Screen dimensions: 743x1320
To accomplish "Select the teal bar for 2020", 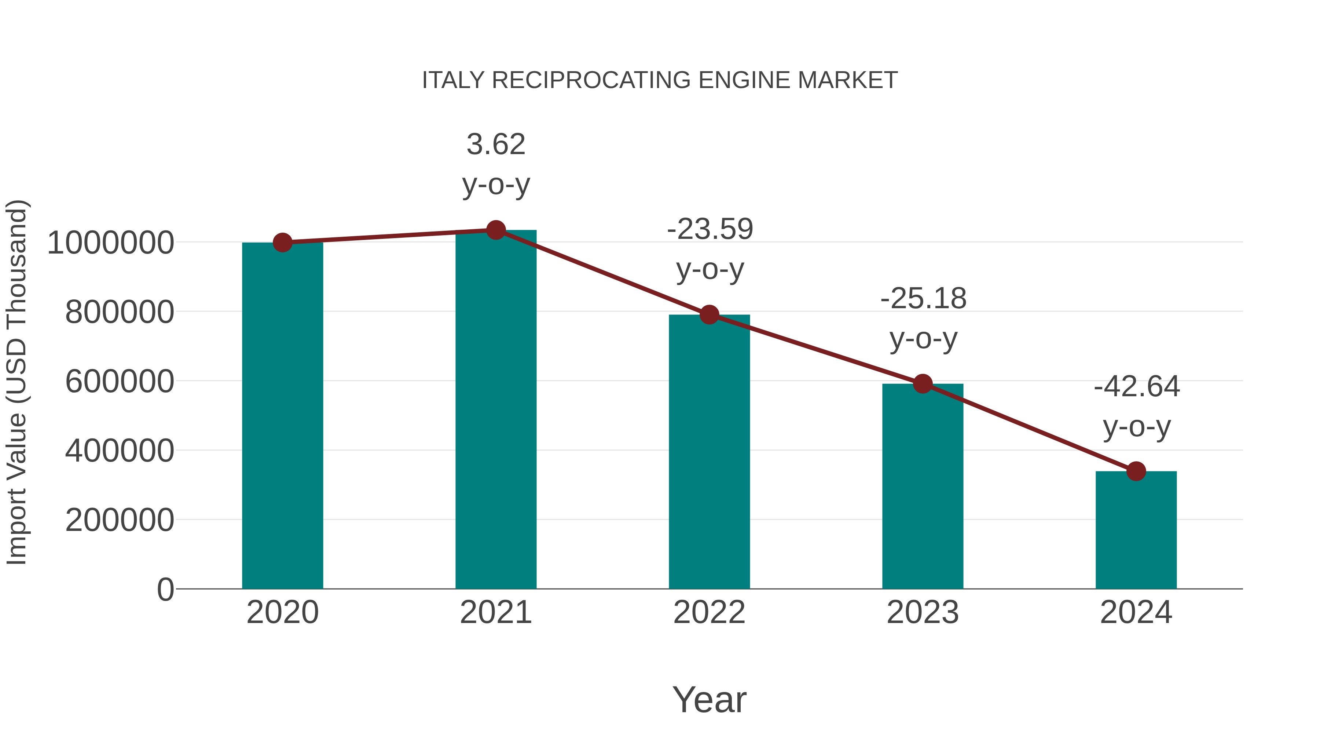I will tap(282, 415).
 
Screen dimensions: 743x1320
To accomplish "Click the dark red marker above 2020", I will tap(282, 243).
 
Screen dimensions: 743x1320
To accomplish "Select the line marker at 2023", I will tap(923, 383).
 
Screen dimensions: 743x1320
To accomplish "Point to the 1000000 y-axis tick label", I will tap(110, 243).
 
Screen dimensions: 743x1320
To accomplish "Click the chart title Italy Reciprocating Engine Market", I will tap(660, 80).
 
